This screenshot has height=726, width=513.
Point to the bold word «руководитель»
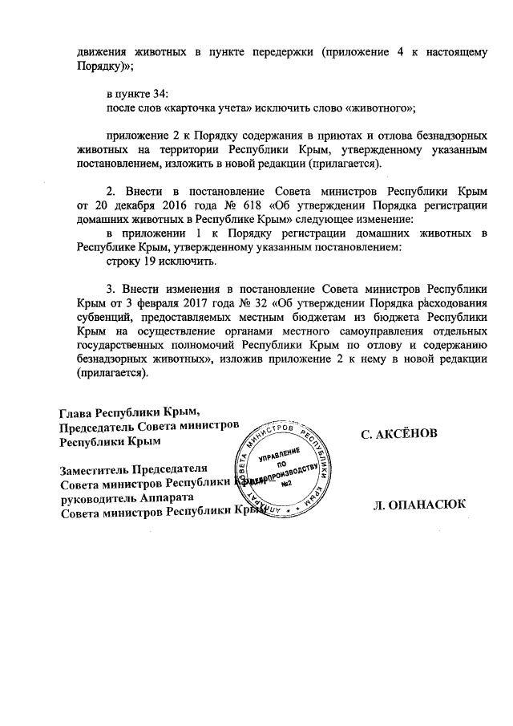(x=100, y=498)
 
